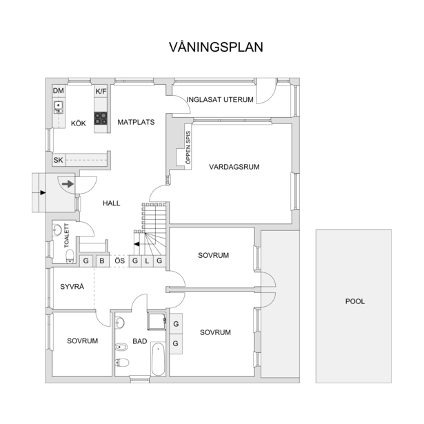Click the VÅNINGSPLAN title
point(216,47)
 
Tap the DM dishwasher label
point(59,91)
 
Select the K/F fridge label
point(101,92)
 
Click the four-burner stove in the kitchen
point(101,118)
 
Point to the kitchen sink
point(59,107)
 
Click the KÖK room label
point(79,123)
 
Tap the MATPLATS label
point(136,122)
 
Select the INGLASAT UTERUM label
point(220,100)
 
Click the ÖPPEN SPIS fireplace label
point(188,148)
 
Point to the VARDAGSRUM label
point(234,167)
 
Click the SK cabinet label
point(58,160)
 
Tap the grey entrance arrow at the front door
point(68,184)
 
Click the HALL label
point(112,203)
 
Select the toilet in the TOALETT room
point(70,256)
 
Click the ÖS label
point(120,261)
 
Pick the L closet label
point(147,261)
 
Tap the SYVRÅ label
point(72,286)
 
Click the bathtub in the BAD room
point(158,359)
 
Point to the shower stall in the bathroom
point(157,321)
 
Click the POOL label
point(355,301)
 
